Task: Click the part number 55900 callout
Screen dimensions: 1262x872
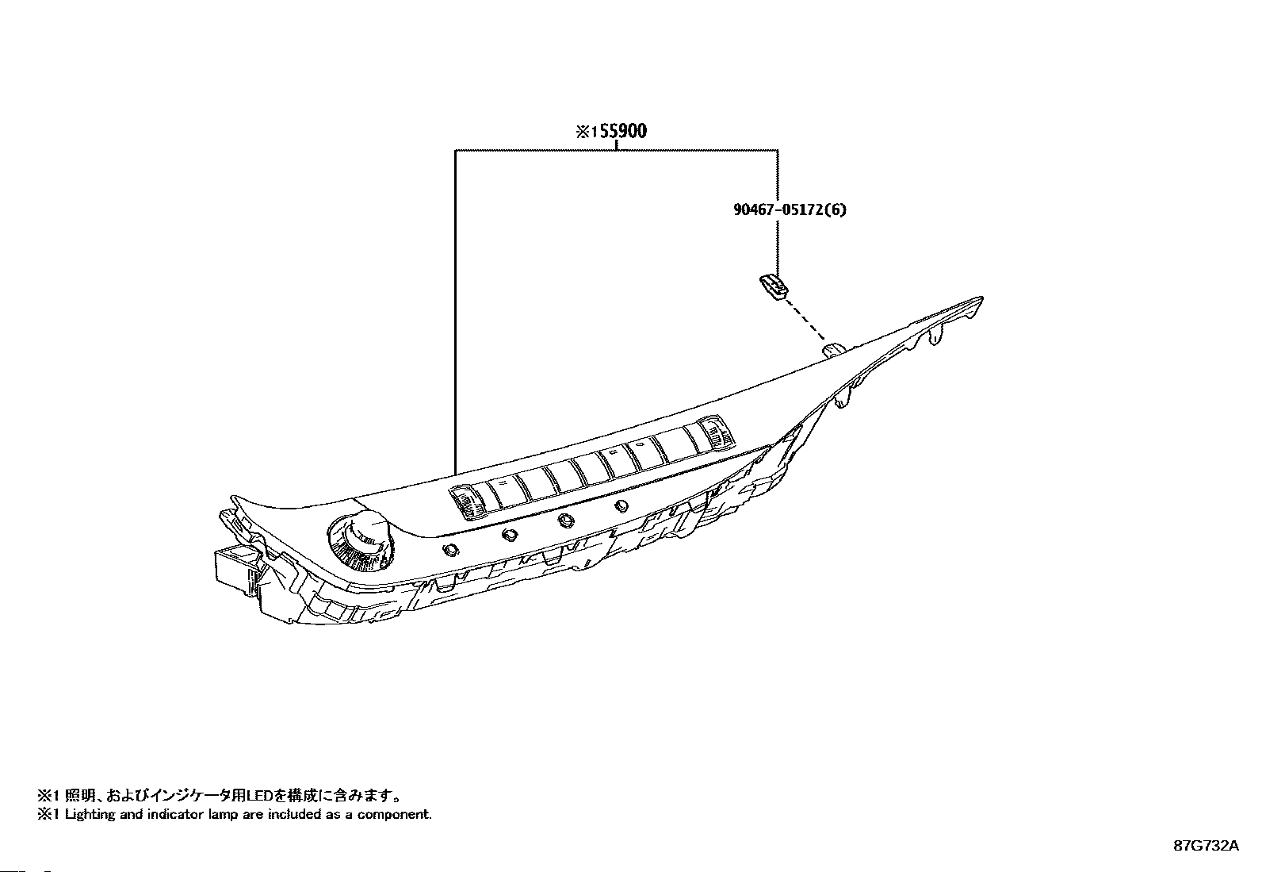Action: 622,131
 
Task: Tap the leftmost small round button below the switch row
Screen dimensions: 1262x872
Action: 452,550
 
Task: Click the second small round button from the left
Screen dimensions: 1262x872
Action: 509,535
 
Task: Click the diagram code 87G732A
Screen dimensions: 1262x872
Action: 1206,846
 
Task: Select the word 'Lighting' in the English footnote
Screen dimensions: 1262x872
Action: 87,814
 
